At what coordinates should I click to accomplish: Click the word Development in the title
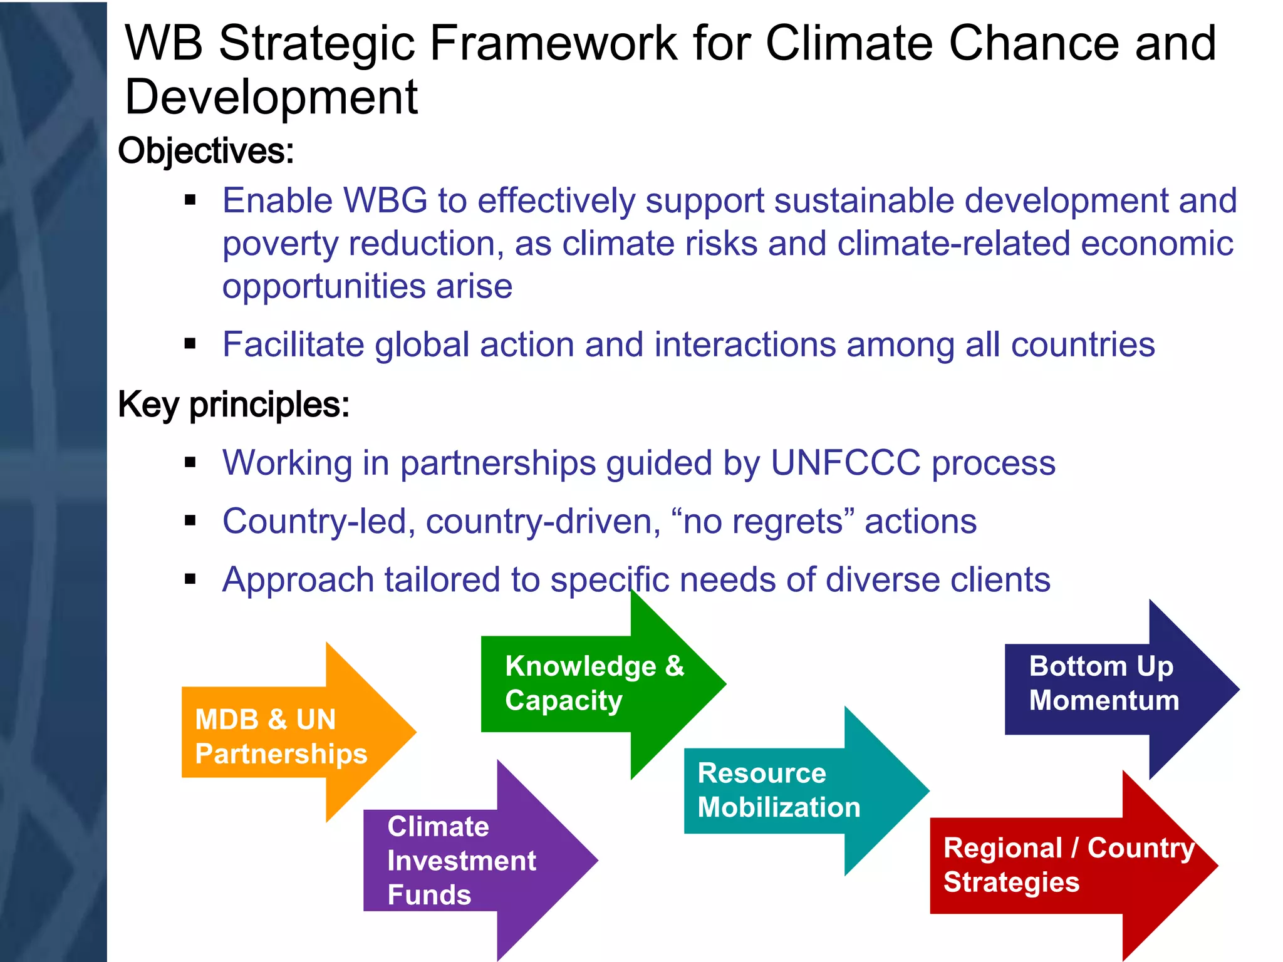point(271,98)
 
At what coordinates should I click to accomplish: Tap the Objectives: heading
point(206,152)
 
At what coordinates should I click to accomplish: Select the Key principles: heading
point(234,405)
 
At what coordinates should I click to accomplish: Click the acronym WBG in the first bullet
point(385,201)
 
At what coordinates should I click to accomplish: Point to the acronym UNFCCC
point(845,463)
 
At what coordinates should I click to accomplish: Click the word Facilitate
point(293,345)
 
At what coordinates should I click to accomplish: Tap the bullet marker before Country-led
point(190,520)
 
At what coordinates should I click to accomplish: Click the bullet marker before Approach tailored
point(190,579)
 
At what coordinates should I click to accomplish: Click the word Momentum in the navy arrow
point(1104,701)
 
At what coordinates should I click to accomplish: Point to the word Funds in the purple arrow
point(429,895)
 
